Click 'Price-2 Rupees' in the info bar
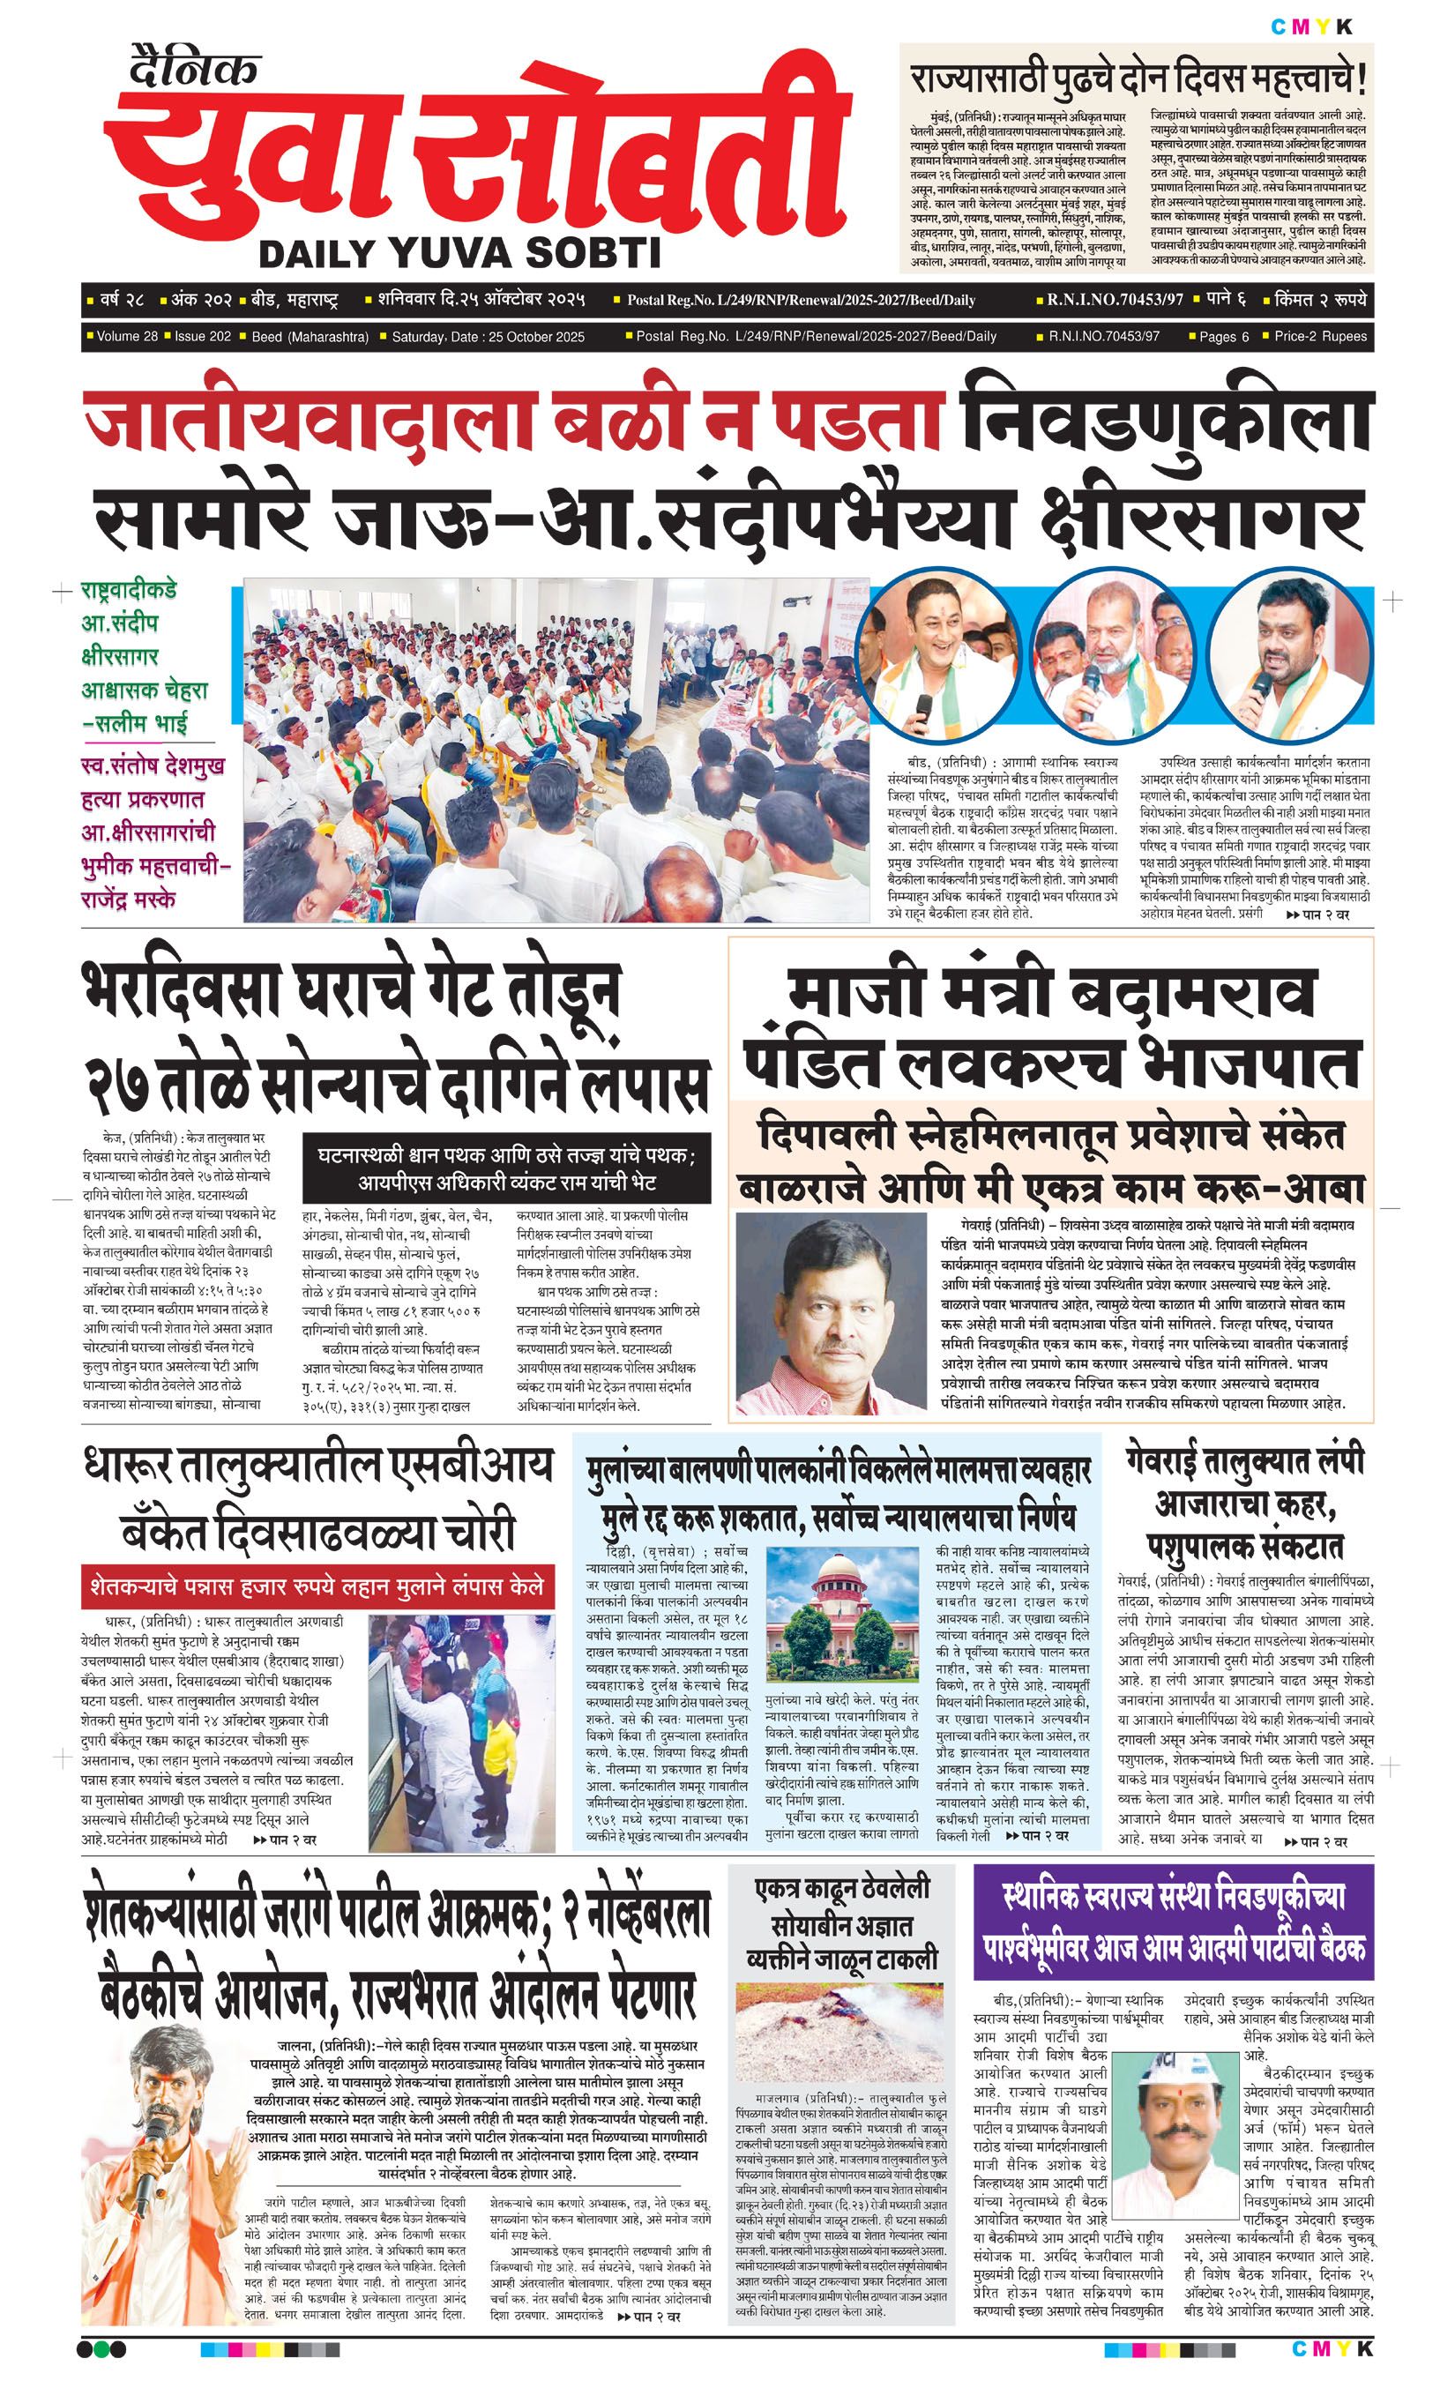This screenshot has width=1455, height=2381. (1320, 337)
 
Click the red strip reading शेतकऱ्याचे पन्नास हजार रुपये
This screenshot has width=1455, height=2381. (317, 1586)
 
